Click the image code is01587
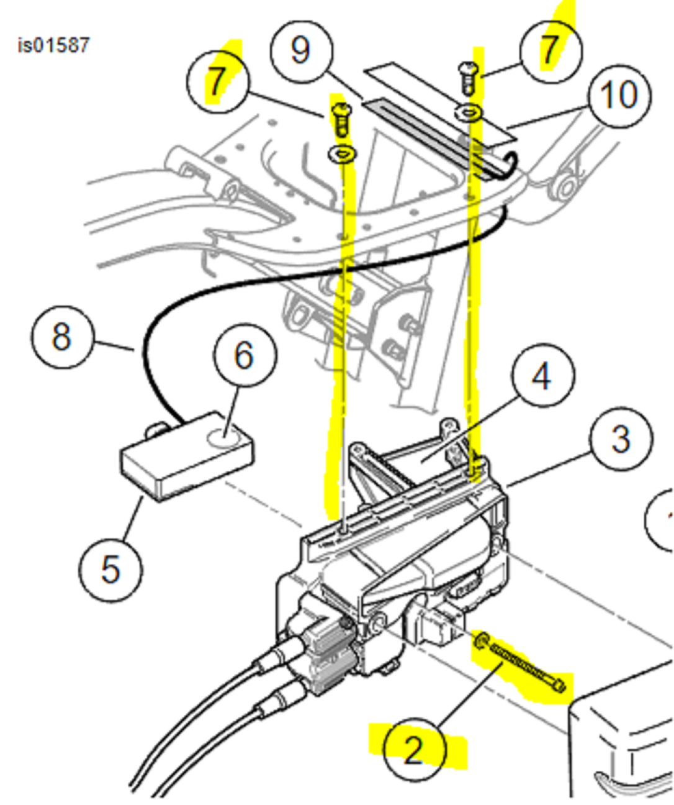click(53, 45)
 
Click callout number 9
click(301, 50)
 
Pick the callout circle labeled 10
click(619, 96)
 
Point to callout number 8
click(62, 337)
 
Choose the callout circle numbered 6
click(244, 355)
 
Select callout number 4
click(542, 376)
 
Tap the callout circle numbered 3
click(621, 439)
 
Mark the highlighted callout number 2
click(414, 750)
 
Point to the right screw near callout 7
click(469, 76)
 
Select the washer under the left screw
click(341, 153)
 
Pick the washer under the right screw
click(469, 112)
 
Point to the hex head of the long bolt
click(559, 685)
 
